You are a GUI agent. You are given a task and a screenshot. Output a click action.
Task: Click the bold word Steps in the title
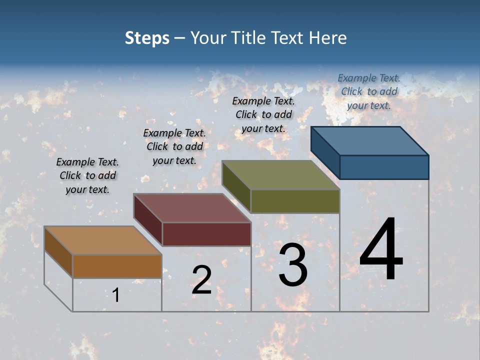coord(146,38)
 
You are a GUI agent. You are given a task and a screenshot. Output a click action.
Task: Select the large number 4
coord(381,249)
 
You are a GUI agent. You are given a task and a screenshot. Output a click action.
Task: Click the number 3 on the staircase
coord(293,265)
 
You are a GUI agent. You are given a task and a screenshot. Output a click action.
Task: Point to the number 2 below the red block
coord(201,280)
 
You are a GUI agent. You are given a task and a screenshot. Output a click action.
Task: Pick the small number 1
coord(116,295)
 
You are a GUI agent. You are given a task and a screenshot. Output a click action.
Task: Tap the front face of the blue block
coord(384,167)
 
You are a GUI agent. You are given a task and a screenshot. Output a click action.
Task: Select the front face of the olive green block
coord(295,201)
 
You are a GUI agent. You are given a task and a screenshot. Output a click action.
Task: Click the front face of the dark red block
coord(206,234)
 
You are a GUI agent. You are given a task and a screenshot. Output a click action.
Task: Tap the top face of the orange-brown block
coord(103,240)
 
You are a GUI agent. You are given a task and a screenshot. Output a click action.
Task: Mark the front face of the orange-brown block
coord(117,266)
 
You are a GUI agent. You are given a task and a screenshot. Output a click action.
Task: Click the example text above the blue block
coord(369,91)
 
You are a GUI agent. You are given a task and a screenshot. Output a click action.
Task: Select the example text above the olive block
coord(263,114)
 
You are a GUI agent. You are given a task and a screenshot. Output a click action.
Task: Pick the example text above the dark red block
coord(174,146)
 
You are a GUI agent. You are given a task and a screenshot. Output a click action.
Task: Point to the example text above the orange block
coord(87,175)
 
